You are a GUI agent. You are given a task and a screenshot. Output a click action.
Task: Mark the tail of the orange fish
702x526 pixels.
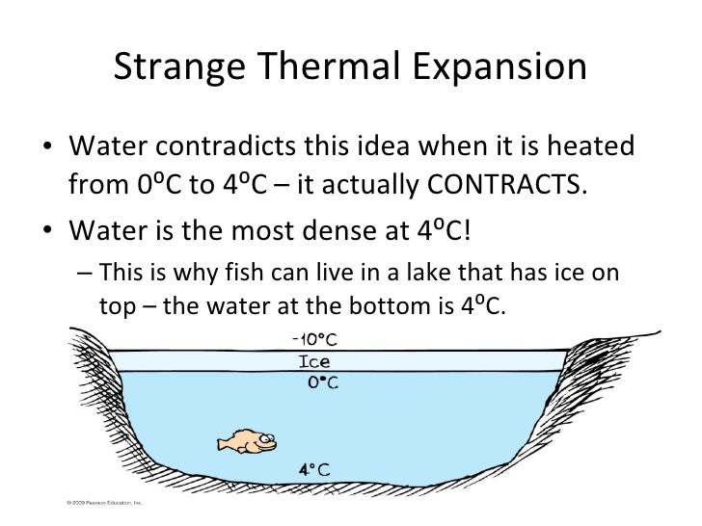tap(223, 443)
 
